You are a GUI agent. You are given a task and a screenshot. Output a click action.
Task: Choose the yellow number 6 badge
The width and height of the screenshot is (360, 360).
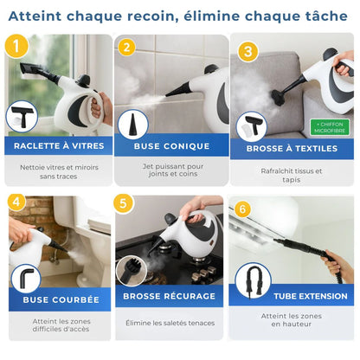[x=243, y=209]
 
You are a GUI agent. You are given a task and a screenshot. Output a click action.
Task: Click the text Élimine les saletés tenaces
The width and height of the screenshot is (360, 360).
[x=170, y=323]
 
